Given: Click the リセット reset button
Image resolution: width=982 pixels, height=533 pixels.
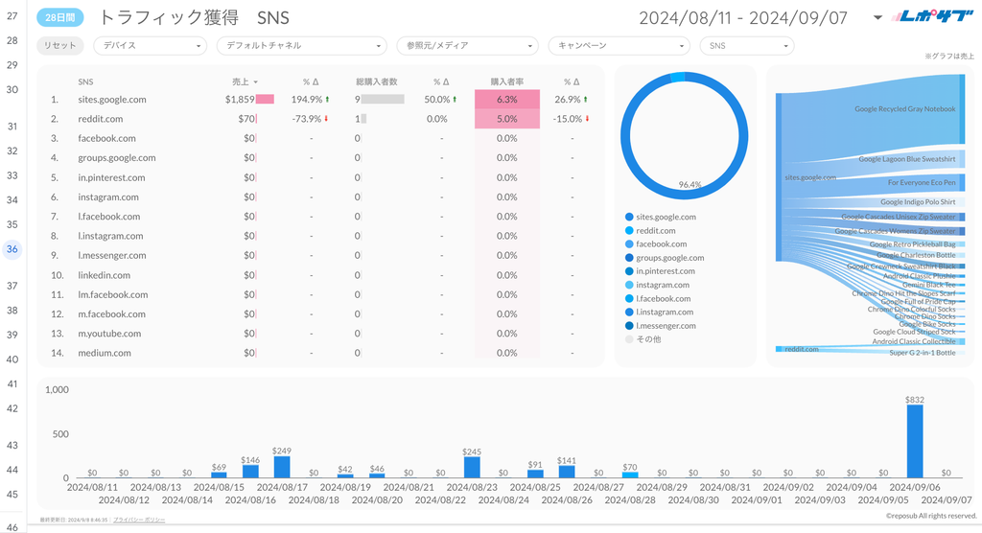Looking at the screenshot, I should click(60, 45).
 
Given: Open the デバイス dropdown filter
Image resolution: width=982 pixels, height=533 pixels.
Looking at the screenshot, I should click(151, 45).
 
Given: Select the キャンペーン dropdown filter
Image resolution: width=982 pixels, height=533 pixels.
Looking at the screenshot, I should click(619, 45).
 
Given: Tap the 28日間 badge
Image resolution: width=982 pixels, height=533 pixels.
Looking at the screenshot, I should click(60, 17).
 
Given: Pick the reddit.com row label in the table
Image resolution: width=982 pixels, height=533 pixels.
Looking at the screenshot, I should click(101, 119).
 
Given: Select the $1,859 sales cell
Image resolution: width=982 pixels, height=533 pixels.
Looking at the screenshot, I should click(240, 99).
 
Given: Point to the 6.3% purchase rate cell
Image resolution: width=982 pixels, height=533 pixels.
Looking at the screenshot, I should click(507, 99).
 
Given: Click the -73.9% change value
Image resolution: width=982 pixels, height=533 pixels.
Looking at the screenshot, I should click(307, 119).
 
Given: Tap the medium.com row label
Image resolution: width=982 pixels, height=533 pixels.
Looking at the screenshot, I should click(105, 353).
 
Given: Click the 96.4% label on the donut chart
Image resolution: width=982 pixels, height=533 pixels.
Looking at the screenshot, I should click(690, 184).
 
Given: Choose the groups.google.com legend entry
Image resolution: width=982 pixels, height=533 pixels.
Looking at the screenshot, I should click(669, 258).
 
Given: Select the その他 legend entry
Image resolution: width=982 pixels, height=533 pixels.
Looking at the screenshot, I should click(649, 339).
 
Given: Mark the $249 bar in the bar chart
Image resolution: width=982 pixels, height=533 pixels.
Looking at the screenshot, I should click(282, 466).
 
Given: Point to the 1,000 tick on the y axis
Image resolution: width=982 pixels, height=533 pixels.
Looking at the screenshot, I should click(57, 390).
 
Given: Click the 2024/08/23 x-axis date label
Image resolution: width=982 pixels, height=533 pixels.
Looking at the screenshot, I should click(472, 487).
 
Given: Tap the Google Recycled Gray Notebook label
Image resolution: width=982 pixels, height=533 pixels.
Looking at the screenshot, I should click(904, 109).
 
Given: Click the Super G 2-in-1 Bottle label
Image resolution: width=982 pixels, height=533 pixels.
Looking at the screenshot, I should click(922, 353).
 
